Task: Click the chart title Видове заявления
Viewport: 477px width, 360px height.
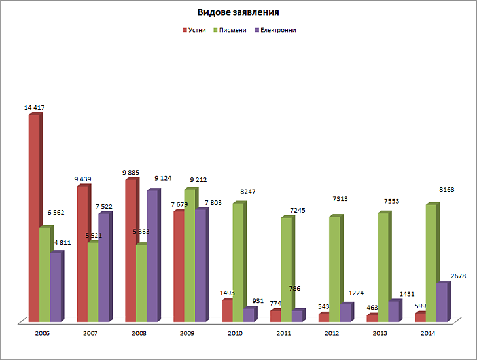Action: point(238,12)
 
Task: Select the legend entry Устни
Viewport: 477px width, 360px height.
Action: point(197,30)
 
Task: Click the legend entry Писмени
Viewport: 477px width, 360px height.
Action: point(236,30)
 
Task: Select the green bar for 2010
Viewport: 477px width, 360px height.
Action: point(238,262)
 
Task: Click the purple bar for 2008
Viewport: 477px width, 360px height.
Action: point(152,256)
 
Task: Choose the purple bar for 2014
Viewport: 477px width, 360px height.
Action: point(442,302)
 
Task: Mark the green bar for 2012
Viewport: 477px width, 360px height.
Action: point(334,269)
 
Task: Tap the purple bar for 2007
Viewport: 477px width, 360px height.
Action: point(103,268)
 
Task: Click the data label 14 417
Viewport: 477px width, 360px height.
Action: point(34,107)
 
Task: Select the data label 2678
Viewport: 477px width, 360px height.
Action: point(458,276)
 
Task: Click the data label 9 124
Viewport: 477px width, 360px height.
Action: point(164,178)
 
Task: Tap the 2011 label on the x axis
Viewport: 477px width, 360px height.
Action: point(284,333)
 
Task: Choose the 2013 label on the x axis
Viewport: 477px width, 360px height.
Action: point(380,333)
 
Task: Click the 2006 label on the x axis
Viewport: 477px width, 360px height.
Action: point(42,333)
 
